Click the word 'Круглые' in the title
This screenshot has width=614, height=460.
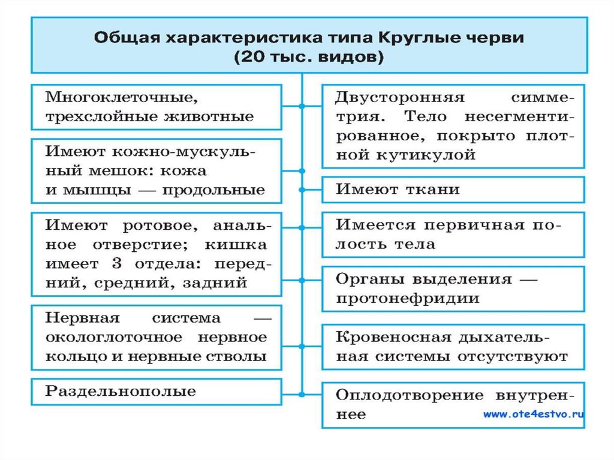click(x=407, y=38)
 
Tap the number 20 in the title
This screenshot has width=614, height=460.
click(x=254, y=58)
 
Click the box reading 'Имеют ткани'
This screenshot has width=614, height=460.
click(x=453, y=190)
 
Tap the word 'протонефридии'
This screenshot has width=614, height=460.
click(x=407, y=298)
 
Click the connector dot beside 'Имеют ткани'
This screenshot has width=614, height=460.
click(x=302, y=190)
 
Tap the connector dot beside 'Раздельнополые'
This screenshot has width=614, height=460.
click(x=302, y=394)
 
